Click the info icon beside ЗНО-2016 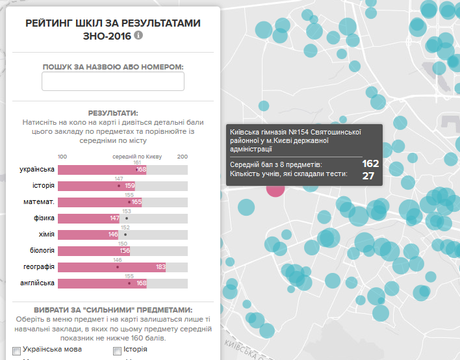click(x=138, y=36)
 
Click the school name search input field click(x=113, y=81)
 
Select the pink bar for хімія click(x=88, y=235)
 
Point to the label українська click(x=37, y=170)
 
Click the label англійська click(x=38, y=283)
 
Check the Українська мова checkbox click(x=17, y=351)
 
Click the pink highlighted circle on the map click(x=275, y=188)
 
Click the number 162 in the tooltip click(x=370, y=164)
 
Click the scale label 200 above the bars click(x=183, y=157)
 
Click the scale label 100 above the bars click(x=62, y=157)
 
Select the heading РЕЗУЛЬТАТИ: click(x=113, y=113)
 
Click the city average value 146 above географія click(x=118, y=259)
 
